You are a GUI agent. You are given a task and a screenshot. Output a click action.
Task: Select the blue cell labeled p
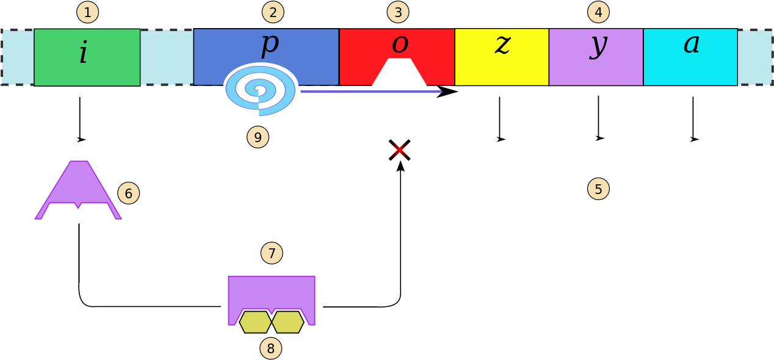click(305, 55)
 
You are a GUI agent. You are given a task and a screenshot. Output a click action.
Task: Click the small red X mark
click(399, 149)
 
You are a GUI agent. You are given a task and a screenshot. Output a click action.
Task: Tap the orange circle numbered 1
click(87, 12)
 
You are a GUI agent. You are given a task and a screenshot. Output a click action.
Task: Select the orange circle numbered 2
click(273, 12)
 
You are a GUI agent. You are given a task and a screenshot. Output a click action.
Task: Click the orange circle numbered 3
click(398, 12)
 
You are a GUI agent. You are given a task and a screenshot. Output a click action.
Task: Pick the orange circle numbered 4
click(598, 12)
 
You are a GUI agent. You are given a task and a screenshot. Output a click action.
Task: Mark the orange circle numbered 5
click(598, 189)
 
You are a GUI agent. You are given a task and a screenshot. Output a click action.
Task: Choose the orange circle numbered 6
click(128, 193)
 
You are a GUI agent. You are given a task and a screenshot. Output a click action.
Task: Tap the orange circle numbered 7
click(272, 253)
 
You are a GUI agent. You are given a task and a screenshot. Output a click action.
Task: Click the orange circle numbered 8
click(270, 348)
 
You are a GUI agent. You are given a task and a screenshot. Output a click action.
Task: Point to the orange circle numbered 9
click(258, 137)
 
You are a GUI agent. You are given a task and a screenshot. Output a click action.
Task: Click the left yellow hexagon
click(255, 322)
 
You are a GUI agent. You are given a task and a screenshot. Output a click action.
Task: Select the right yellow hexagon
click(288, 322)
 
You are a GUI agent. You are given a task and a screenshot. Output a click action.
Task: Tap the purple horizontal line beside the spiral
click(371, 92)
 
